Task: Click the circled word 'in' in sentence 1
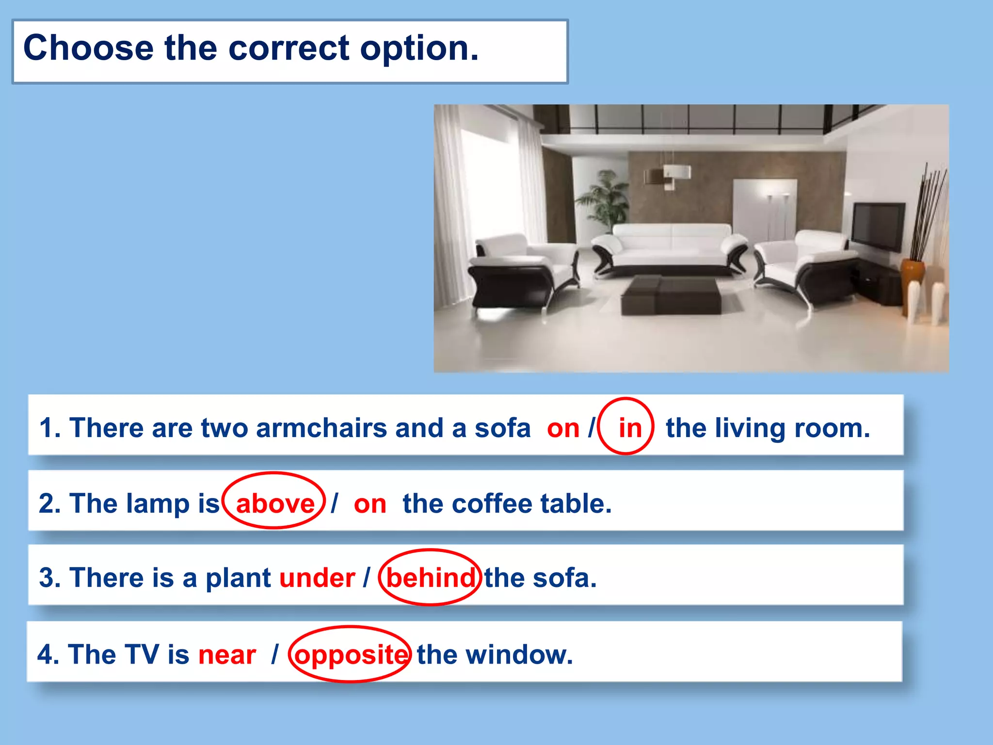(629, 428)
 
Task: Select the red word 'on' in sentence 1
(563, 428)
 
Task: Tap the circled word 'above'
(275, 503)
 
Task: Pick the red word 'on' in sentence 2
(370, 504)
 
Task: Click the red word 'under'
(317, 578)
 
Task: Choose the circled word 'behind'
(431, 578)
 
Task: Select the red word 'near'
(227, 654)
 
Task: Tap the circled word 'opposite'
(351, 654)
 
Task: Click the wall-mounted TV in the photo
(878, 226)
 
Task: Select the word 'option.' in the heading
(419, 48)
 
